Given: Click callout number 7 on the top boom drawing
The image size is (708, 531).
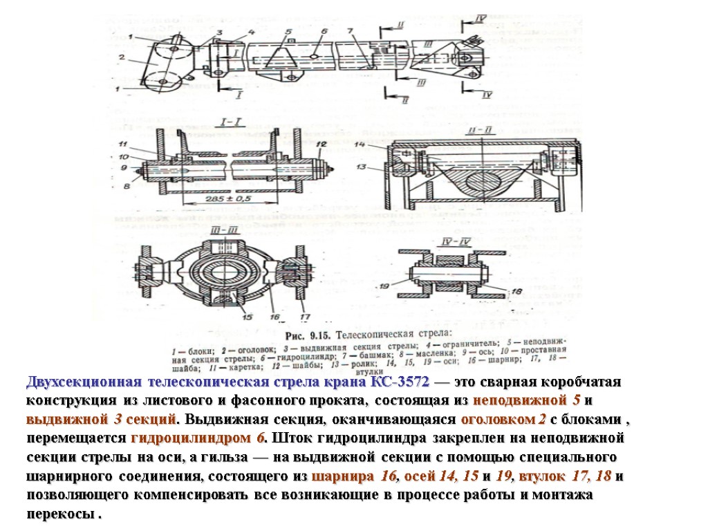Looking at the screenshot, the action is point(350,30).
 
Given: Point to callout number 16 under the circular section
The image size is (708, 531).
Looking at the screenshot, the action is point(274,317).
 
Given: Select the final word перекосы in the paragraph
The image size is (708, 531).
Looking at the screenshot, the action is point(61,515).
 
